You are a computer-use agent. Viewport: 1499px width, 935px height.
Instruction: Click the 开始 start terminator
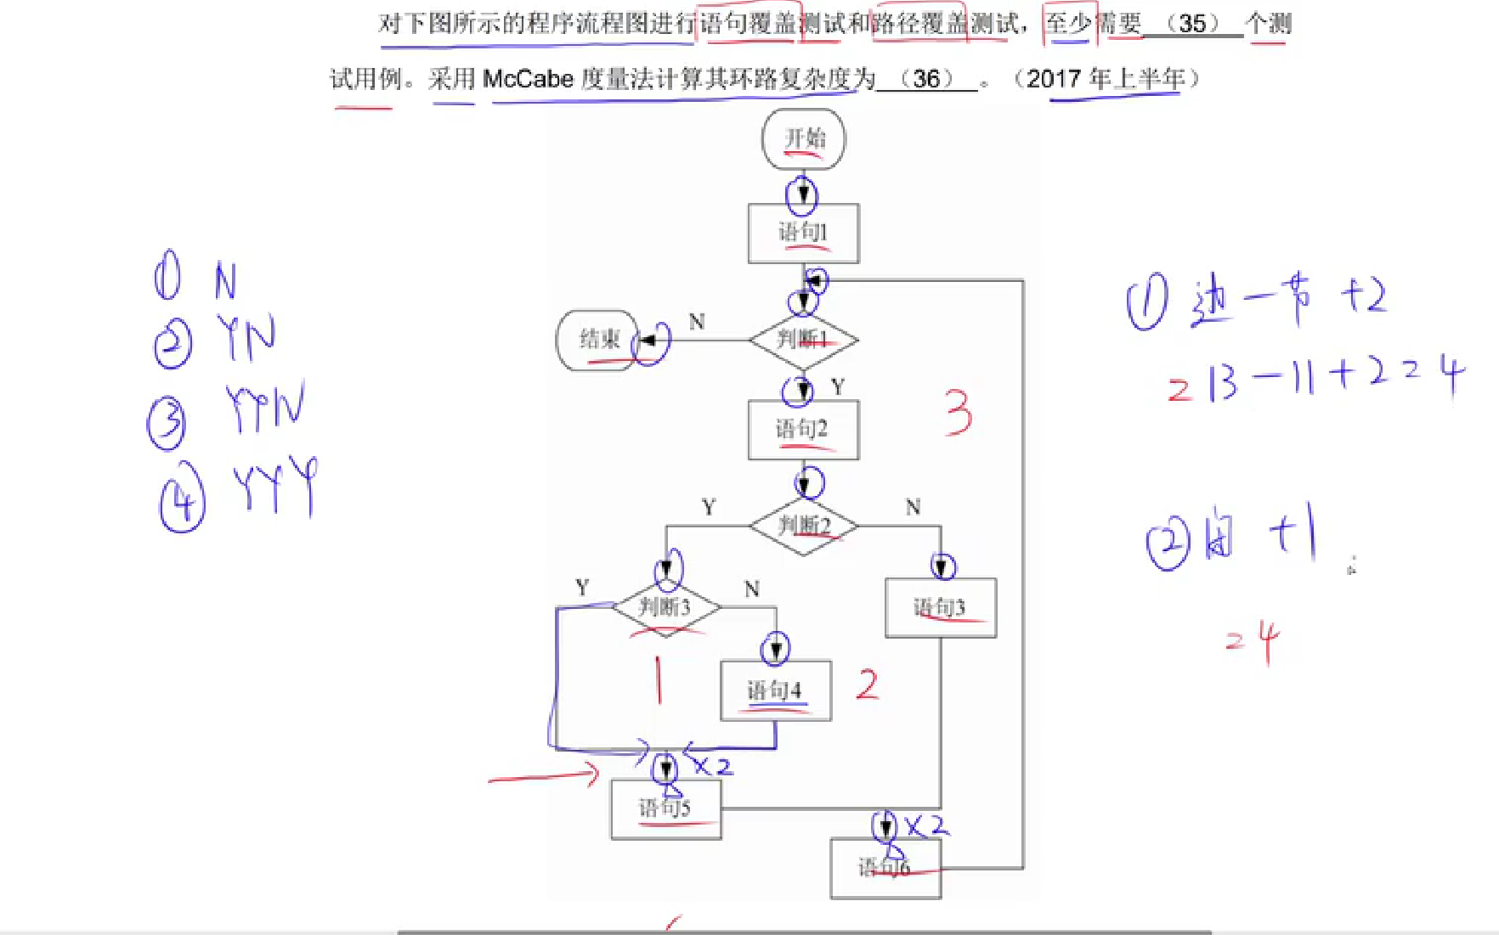pyautogui.click(x=803, y=139)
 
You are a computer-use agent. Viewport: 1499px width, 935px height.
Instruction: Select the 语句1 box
pyautogui.click(x=803, y=233)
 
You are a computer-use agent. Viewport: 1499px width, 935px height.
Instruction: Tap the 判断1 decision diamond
pyautogui.click(x=803, y=340)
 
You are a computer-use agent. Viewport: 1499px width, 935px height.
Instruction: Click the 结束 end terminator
pyautogui.click(x=597, y=340)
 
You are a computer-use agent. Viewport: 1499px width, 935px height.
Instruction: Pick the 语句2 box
pyautogui.click(x=803, y=430)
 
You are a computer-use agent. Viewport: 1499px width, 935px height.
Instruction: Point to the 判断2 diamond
pyautogui.click(x=803, y=527)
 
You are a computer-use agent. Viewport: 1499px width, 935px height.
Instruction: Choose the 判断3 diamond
pyautogui.click(x=665, y=607)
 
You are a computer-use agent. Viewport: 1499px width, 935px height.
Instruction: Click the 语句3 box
pyautogui.click(x=940, y=608)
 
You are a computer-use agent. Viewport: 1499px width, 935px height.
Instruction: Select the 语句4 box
pyautogui.click(x=775, y=690)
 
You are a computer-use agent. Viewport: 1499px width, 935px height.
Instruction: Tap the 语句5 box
pyautogui.click(x=665, y=809)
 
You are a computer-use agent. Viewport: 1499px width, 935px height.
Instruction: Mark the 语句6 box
pyautogui.click(x=885, y=868)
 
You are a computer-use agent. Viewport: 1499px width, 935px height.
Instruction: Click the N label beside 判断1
pyautogui.click(x=697, y=322)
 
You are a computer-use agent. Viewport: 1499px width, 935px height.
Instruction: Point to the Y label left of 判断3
pyautogui.click(x=582, y=588)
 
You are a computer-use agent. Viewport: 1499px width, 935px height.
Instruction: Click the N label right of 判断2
pyautogui.click(x=914, y=508)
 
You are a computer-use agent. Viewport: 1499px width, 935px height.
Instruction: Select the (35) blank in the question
pyautogui.click(x=1192, y=24)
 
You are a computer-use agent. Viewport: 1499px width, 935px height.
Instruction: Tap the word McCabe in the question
pyautogui.click(x=528, y=79)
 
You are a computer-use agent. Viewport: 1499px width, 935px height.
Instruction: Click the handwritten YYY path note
pyautogui.click(x=274, y=486)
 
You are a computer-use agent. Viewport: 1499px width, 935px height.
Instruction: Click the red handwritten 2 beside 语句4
pyautogui.click(x=867, y=684)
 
